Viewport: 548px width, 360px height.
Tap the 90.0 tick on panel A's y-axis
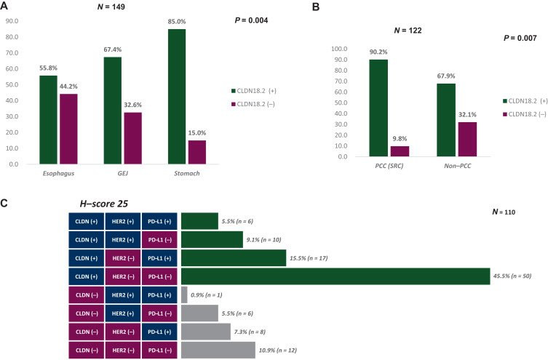[x=11, y=20]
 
